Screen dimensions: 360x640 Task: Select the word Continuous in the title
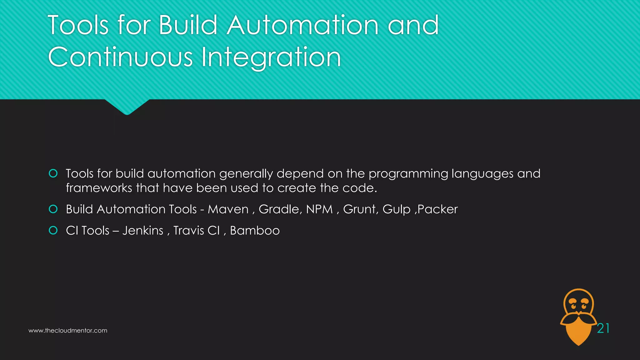pyautogui.click(x=120, y=57)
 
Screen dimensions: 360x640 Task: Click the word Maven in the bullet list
pyautogui.click(x=228, y=209)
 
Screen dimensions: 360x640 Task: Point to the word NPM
pyautogui.click(x=319, y=209)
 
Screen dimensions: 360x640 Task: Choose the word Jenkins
pyautogui.click(x=143, y=231)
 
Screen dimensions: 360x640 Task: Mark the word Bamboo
pyautogui.click(x=255, y=231)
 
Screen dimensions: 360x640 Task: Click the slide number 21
pyautogui.click(x=603, y=328)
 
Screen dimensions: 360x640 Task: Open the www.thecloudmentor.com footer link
pyautogui.click(x=68, y=331)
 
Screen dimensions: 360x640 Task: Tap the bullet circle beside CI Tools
pyautogui.click(x=53, y=231)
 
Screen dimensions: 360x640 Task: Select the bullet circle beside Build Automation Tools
pyautogui.click(x=53, y=209)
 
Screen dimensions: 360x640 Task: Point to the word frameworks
pyautogui.click(x=99, y=188)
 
